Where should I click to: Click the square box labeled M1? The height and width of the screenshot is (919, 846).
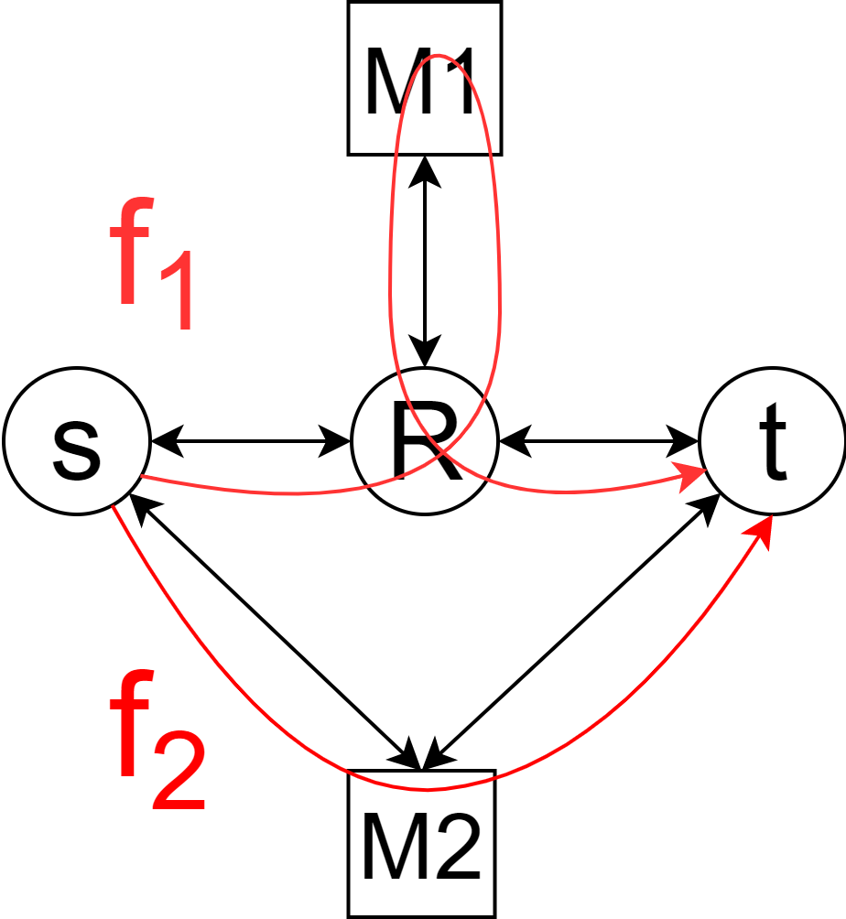point(424,78)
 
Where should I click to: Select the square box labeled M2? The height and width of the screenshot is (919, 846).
point(421,843)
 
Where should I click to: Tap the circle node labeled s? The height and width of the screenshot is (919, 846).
point(77,441)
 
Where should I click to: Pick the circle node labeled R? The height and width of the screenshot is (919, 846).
point(424,441)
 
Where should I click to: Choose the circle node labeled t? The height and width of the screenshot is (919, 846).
point(772,441)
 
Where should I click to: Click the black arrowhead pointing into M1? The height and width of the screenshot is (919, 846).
point(424,168)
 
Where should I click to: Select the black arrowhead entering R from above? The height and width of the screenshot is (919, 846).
point(424,355)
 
